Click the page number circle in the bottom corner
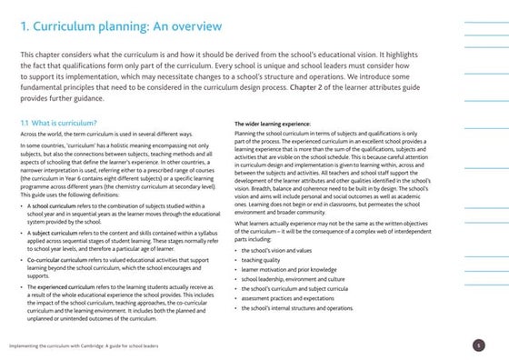point(479,345)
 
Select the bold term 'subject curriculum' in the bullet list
point(54,233)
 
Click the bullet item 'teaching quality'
point(264,258)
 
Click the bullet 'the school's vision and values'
point(278,248)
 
